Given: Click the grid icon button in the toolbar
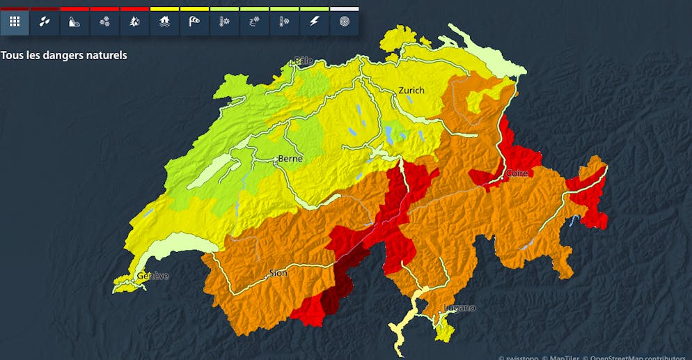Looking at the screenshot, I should [x=15, y=22].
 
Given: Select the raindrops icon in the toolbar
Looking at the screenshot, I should [x=45, y=22].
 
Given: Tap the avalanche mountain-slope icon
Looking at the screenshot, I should [x=74, y=22].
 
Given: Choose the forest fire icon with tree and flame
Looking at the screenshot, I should [x=134, y=22].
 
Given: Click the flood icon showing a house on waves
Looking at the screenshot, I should [x=164, y=22].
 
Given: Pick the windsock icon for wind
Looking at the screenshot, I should [x=194, y=22].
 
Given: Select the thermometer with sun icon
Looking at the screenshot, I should [x=224, y=22].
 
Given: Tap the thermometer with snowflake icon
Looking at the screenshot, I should [x=284, y=22].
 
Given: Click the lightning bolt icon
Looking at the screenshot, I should [x=314, y=22].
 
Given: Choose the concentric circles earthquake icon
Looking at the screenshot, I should [x=344, y=22].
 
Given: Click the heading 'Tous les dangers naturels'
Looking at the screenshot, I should [x=64, y=54].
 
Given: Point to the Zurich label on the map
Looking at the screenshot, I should [x=411, y=90].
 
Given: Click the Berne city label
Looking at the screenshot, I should [x=290, y=159].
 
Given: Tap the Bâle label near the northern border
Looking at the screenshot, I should [x=304, y=60].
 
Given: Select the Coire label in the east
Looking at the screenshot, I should [x=517, y=173].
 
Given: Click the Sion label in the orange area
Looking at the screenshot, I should [x=278, y=273].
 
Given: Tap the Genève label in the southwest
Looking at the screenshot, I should [x=152, y=276].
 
